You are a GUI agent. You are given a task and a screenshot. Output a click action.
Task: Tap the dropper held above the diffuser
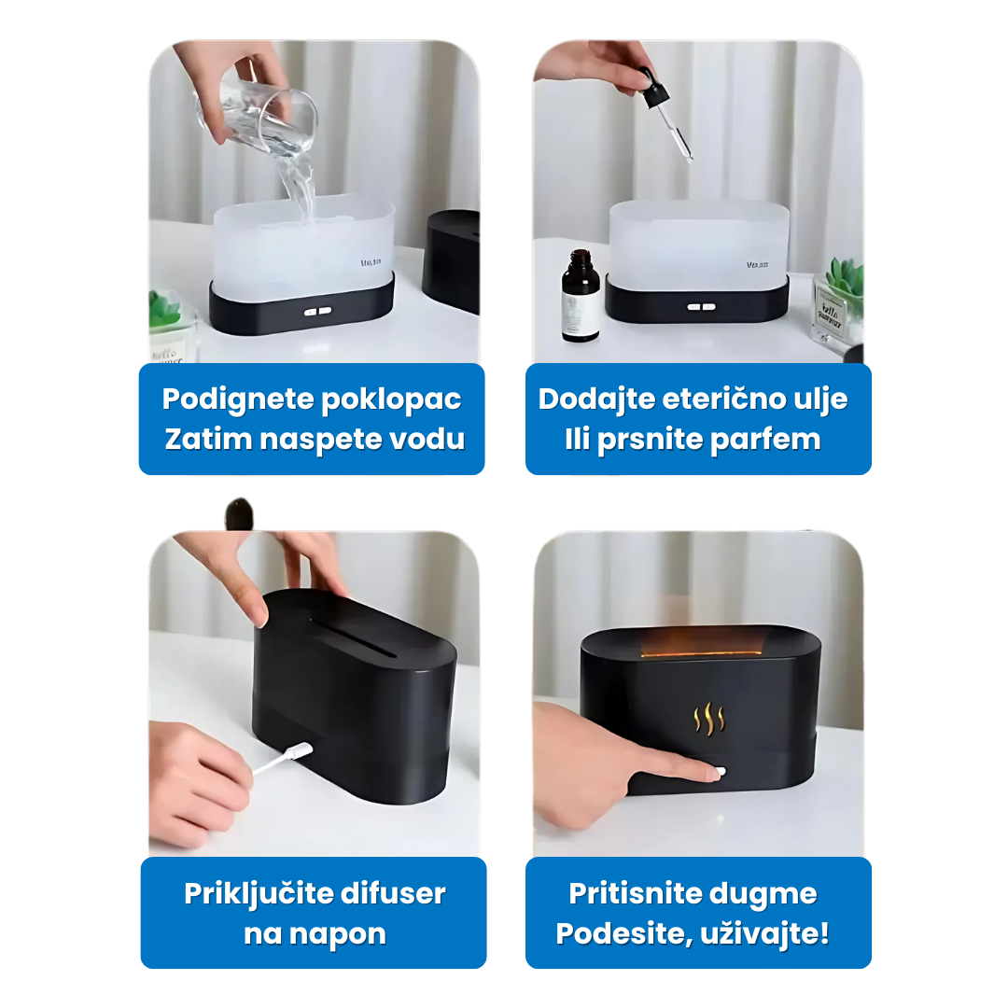click(665, 116)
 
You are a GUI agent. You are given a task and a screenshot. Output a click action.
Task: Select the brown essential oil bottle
click(580, 296)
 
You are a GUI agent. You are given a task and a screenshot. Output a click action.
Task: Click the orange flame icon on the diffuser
click(709, 719)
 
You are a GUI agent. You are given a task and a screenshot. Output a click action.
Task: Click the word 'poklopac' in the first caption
click(391, 400)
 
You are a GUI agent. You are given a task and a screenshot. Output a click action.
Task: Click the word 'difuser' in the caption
click(393, 893)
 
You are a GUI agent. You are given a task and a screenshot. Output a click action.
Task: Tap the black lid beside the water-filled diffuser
click(452, 260)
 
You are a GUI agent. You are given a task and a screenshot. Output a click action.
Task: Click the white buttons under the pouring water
click(317, 311)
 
